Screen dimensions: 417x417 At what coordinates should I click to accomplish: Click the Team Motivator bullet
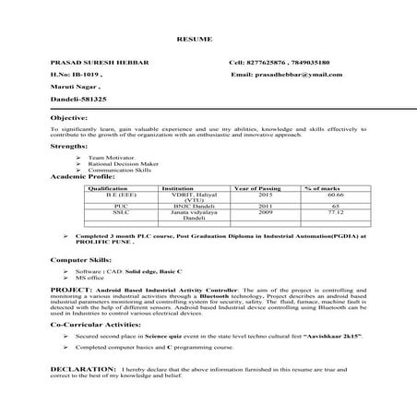107,158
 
